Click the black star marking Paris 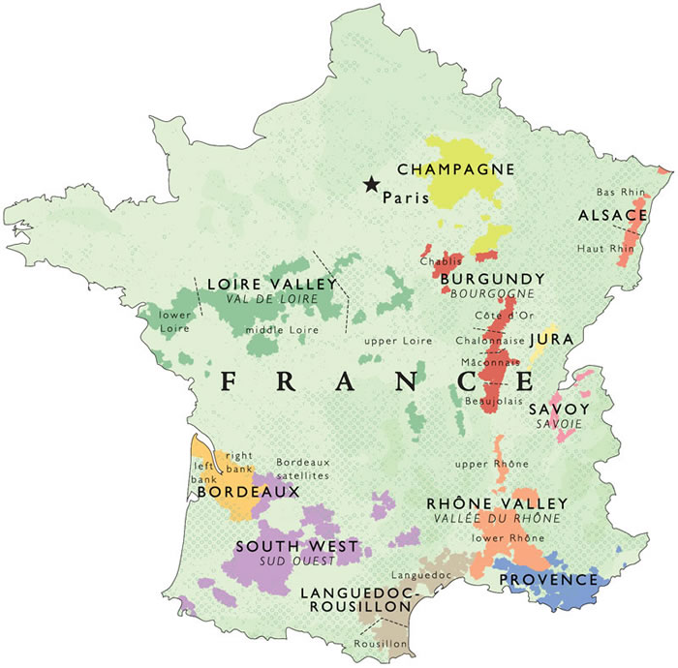point(371,185)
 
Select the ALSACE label point(612,214)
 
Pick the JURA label point(551,340)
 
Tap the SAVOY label point(559,410)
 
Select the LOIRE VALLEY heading point(278,285)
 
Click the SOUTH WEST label point(296,546)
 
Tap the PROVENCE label point(548,580)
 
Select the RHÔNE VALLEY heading point(497,503)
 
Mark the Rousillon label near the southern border point(381,641)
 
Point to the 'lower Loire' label point(175,321)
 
